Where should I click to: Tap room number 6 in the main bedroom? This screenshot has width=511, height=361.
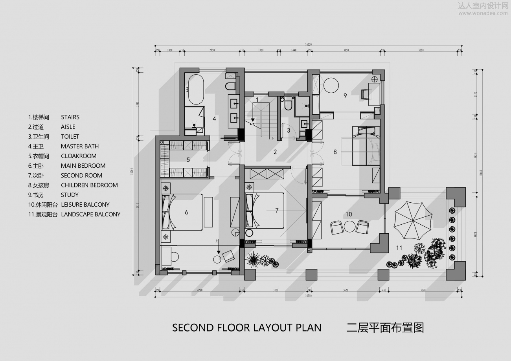coord(187,212)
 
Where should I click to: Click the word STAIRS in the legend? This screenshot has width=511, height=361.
coord(70,117)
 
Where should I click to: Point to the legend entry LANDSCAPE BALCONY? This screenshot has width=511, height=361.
coord(90,214)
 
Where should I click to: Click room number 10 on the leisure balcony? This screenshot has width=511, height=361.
coord(349,214)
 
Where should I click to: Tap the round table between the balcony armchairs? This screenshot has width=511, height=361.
coord(349,226)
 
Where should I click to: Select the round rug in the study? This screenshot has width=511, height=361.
coord(331,85)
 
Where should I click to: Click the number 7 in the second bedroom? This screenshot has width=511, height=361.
coord(277,211)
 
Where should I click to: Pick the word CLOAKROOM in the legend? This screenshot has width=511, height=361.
coord(79,156)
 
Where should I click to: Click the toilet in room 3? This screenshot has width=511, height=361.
coord(288,104)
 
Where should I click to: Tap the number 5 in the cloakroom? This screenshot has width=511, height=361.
coord(188,160)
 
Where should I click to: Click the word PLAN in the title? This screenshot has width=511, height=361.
coord(309,328)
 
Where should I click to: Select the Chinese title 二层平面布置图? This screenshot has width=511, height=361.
coord(385,328)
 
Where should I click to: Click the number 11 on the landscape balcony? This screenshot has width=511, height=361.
coord(399,247)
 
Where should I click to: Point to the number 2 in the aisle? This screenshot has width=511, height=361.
coord(275,152)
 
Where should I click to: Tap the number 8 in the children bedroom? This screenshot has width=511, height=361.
coord(335,152)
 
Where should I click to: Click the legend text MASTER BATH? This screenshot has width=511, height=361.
coord(80,146)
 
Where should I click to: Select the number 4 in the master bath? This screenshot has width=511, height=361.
coord(214,118)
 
